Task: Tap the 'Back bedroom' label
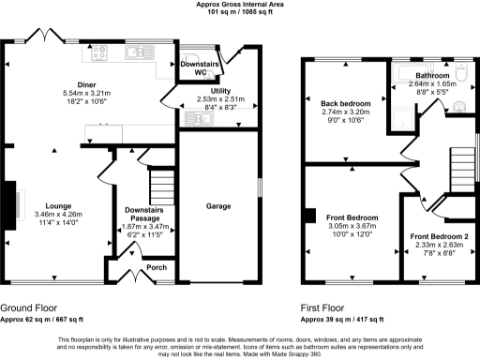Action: pyautogui.click(x=346, y=102)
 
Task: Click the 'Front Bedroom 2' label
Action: pyautogui.click(x=438, y=236)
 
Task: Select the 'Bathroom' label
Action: pyautogui.click(x=432, y=74)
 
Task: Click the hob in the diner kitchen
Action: pyautogui.click(x=99, y=54)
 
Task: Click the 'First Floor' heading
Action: pyautogui.click(x=323, y=307)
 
